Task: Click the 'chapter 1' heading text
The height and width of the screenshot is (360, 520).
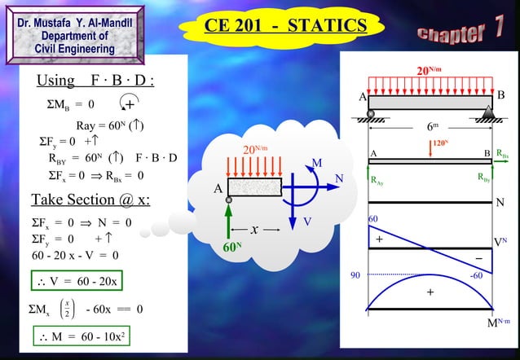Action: tap(460, 31)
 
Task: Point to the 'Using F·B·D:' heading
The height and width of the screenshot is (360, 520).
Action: tap(96, 82)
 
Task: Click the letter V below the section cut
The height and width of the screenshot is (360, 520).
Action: tap(307, 222)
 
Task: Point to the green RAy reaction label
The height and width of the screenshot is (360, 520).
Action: tap(377, 181)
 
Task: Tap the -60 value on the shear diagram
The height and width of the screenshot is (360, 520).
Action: tap(478, 275)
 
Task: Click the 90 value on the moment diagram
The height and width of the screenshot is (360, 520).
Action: tap(355, 275)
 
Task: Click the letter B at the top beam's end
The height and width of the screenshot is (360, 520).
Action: tap(501, 95)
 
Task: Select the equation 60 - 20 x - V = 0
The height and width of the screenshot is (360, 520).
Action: tap(75, 255)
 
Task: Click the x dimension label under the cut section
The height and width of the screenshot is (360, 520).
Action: tap(254, 230)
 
